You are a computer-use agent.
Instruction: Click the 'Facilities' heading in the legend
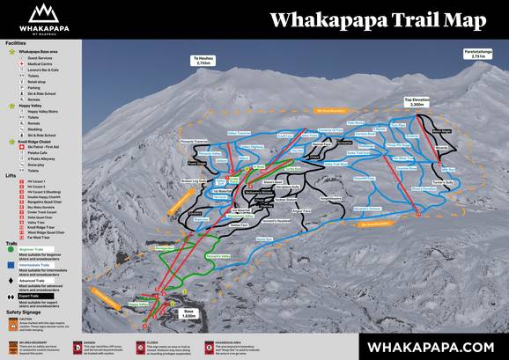click(x=16, y=42)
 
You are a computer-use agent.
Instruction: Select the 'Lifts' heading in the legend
click(x=11, y=175)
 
